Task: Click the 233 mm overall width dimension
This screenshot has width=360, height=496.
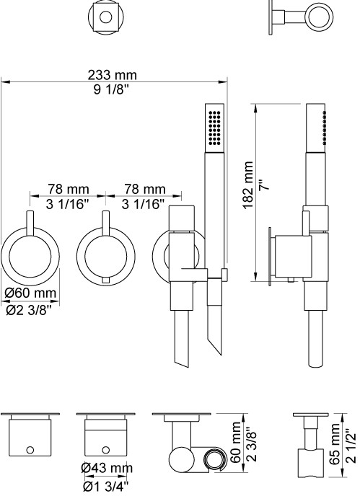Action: coord(112,75)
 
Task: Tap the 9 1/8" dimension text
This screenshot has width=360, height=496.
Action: coord(111,89)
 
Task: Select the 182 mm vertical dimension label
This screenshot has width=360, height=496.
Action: coord(249,185)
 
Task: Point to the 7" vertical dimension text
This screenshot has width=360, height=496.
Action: coord(264,185)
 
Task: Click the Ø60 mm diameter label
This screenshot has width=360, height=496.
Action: coord(30,293)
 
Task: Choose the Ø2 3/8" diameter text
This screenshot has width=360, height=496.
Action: coord(29,311)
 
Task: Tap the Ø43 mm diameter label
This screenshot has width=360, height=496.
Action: coord(106,468)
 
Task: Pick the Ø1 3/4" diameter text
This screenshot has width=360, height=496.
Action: coord(106,486)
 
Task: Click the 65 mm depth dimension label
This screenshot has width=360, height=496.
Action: coord(334,444)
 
